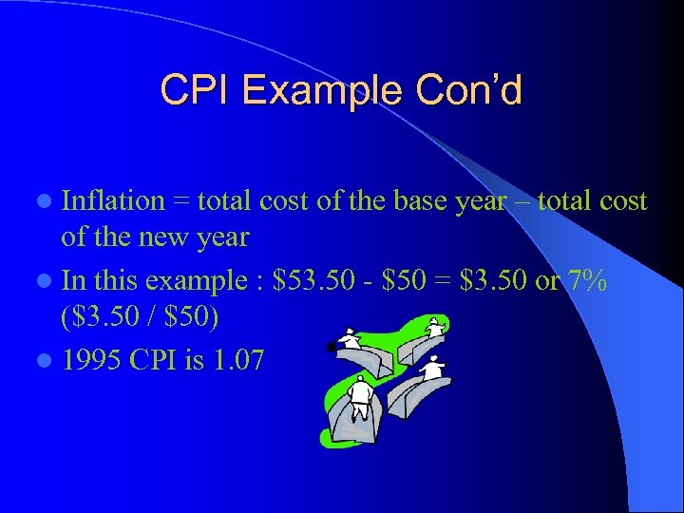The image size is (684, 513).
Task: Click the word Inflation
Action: [x=113, y=201]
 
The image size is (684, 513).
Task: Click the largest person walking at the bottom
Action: [x=360, y=397]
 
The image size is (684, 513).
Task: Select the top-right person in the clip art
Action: [x=434, y=328]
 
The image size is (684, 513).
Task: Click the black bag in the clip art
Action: [x=332, y=347]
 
